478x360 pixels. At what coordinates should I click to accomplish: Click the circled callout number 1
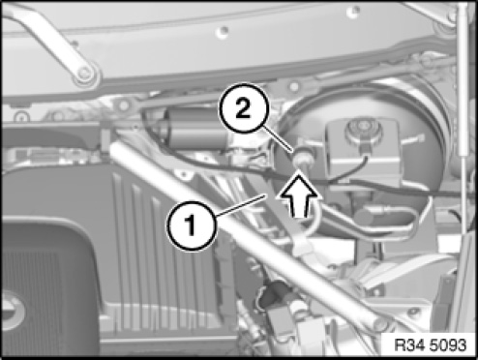pos(192,225)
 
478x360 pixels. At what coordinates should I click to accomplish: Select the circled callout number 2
pos(244,108)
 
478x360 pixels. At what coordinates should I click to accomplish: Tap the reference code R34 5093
pos(431,345)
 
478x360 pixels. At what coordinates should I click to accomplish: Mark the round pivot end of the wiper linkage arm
pos(85,75)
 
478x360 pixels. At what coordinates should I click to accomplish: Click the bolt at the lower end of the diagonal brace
pos(381,322)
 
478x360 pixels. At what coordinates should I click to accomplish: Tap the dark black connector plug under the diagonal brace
pos(270,293)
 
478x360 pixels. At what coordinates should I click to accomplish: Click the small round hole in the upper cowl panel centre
pos(223,32)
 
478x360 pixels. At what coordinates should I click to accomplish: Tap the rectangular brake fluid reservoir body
pos(363,152)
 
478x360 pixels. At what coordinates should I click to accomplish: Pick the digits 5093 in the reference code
pos(449,345)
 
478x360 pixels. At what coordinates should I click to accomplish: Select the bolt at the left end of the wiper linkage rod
pos(124,105)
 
